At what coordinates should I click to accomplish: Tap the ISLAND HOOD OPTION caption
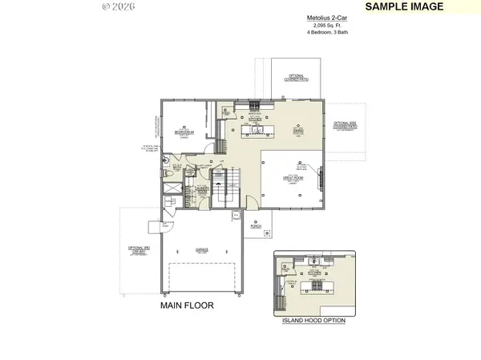point(313,319)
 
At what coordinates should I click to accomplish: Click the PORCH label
point(256,225)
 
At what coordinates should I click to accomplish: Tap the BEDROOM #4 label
point(184,130)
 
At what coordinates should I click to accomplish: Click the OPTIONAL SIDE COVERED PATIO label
point(346,125)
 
